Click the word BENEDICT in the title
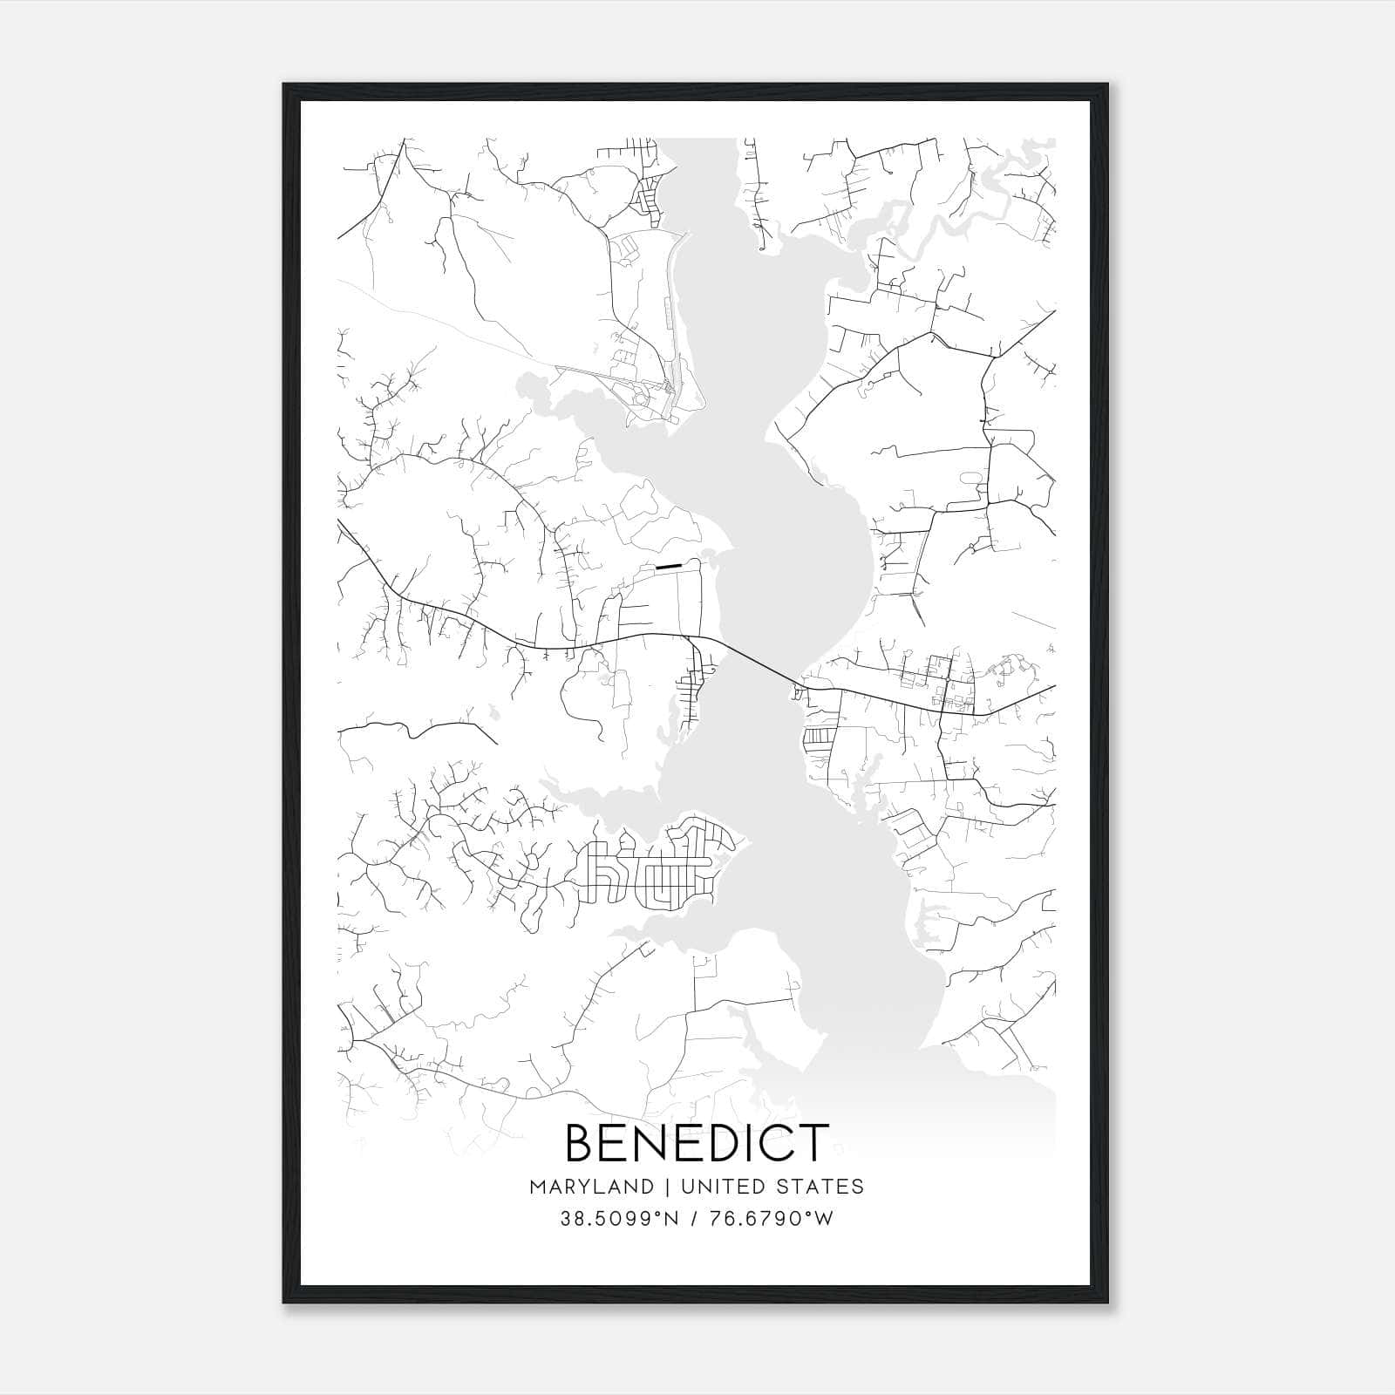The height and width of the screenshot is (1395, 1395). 697,1142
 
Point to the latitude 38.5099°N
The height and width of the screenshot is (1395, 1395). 619,1219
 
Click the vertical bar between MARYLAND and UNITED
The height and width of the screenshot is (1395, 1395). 667,1187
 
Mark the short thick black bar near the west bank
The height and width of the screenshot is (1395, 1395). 667,566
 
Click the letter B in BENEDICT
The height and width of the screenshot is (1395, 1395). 583,1142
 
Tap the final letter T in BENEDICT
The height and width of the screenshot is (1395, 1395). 811,1142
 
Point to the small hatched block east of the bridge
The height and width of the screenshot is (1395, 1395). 818,738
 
